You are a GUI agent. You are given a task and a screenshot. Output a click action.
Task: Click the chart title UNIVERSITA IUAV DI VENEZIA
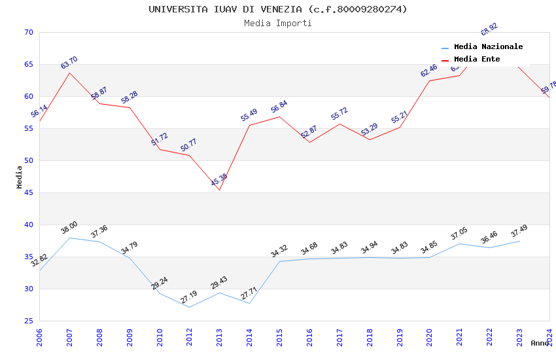coord(277,9)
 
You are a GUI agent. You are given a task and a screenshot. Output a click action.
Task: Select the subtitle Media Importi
coord(277,24)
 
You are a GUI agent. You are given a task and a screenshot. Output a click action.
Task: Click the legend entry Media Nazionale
coord(488,47)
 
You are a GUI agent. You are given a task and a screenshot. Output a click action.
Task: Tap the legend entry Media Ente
coord(476,60)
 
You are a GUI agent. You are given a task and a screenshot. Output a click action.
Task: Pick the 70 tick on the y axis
coord(28,32)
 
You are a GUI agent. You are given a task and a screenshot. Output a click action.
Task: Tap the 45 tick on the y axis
coord(28,192)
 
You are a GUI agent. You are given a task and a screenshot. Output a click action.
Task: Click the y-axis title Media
coord(20,177)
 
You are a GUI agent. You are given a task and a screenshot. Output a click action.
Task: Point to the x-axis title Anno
coord(540,343)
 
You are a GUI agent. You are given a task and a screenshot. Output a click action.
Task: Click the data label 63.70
coord(69,63)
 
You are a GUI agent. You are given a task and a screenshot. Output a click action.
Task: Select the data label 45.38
coord(219,180)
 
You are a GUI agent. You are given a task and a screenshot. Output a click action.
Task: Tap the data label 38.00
coord(69,228)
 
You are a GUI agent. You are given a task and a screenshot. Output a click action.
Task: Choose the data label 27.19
coord(189,297)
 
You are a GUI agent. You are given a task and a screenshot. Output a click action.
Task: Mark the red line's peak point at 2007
coord(69,73)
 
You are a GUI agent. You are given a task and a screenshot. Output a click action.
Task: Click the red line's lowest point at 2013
coord(220,190)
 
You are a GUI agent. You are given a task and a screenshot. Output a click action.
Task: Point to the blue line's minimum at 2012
coord(190,307)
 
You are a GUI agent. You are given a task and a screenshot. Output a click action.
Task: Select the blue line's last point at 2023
coord(519,241)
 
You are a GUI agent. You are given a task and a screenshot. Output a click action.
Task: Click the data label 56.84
coord(279,107)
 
